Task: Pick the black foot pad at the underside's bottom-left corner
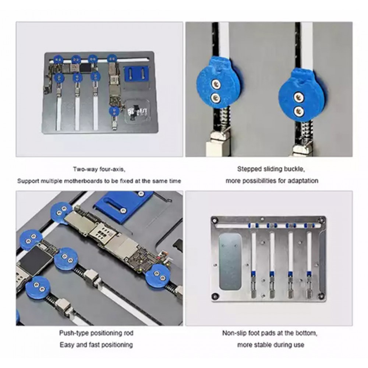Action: point(214,296)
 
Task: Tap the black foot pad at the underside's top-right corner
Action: point(321,220)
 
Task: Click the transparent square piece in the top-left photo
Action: point(137,111)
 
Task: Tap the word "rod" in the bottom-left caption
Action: point(128,333)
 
